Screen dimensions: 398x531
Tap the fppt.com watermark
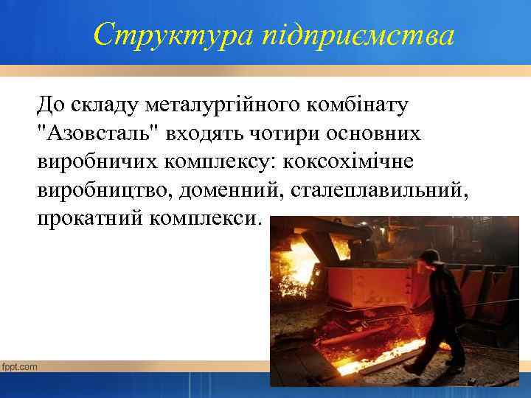pos(20,366)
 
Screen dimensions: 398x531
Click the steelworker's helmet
pos(429,256)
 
